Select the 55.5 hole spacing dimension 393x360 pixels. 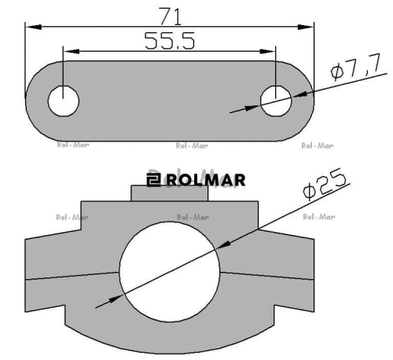(x=170, y=42)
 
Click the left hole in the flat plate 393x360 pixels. (x=64, y=101)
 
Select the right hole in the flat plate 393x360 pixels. (x=276, y=101)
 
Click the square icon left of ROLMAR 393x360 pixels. (x=153, y=179)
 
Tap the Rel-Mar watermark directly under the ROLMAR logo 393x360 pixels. (x=193, y=216)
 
